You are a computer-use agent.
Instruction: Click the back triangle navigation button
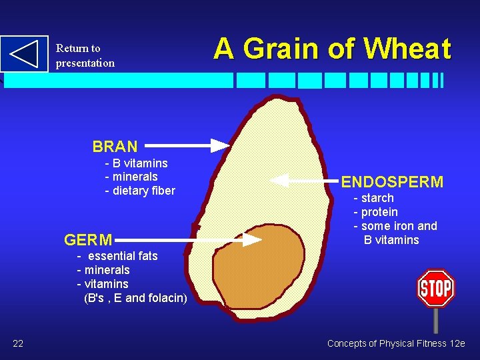(25, 54)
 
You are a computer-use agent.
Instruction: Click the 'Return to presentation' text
(85, 55)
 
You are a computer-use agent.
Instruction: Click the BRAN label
(115, 147)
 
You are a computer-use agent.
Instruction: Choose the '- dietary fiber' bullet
(140, 191)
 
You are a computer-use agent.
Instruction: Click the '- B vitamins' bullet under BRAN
(136, 163)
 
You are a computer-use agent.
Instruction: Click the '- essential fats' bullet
(117, 256)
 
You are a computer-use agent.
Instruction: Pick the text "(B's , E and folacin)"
(135, 298)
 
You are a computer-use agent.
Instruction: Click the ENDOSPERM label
(392, 182)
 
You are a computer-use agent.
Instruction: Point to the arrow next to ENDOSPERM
(303, 181)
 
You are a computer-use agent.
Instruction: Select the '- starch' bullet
(373, 198)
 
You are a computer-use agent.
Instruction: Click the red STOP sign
(435, 289)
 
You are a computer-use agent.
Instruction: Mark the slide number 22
(18, 343)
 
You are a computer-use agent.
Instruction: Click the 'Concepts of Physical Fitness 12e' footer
(396, 343)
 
